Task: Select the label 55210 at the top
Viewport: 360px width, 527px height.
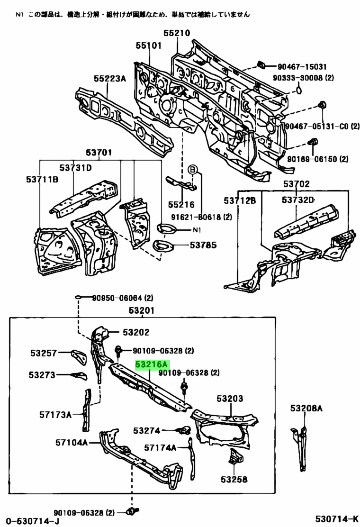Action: (177, 33)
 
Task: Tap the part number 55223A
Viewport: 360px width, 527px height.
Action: (109, 79)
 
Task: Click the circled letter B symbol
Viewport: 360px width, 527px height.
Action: (193, 170)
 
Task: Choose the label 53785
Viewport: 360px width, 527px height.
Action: (203, 245)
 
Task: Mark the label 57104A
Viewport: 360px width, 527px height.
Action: (72, 443)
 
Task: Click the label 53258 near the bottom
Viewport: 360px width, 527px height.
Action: (234, 479)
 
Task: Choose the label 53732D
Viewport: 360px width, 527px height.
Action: (298, 200)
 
